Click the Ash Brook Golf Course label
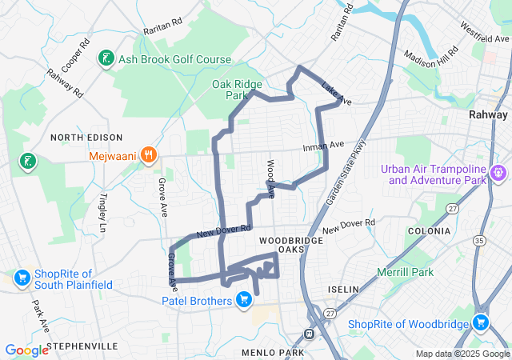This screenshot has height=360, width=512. (174, 60)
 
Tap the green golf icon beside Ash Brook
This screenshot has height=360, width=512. (105, 58)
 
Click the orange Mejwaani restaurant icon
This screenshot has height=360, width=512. (147, 155)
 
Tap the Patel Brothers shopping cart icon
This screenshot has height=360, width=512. (244, 301)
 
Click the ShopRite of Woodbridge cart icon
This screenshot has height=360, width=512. (480, 323)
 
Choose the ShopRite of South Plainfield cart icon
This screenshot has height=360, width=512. (22, 278)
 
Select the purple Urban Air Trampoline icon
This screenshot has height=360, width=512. (498, 171)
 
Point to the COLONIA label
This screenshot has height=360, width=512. (430, 230)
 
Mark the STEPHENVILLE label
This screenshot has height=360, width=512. (82, 346)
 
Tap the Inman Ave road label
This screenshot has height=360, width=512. (323, 146)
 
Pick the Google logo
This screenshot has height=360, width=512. (26, 350)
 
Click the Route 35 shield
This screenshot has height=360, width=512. (479, 239)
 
